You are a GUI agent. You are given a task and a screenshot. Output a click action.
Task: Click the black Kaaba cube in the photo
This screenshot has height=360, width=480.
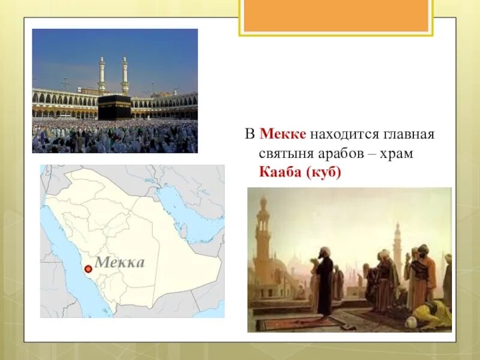(115, 107)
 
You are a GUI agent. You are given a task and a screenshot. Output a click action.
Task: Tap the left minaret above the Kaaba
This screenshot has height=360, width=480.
(101, 74)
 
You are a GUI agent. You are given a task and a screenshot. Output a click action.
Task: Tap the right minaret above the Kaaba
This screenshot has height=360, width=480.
(125, 75)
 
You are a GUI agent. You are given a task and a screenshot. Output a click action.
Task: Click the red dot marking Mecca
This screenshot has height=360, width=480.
(88, 269)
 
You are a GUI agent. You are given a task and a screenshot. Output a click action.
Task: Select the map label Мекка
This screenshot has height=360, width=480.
(119, 263)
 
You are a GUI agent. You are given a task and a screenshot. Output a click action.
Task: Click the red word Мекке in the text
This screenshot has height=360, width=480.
(283, 134)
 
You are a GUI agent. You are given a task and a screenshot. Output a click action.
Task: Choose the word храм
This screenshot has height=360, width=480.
(397, 154)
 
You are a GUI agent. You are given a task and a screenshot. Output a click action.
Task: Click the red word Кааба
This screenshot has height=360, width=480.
(280, 172)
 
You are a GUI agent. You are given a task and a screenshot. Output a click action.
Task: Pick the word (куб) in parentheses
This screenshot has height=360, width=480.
(323, 172)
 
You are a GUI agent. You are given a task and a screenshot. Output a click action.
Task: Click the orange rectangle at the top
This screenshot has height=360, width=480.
(336, 16)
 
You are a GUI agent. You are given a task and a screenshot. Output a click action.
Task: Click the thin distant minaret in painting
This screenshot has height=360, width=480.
(397, 248)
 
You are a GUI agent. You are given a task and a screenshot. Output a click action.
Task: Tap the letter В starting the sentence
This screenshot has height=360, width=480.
(250, 134)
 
